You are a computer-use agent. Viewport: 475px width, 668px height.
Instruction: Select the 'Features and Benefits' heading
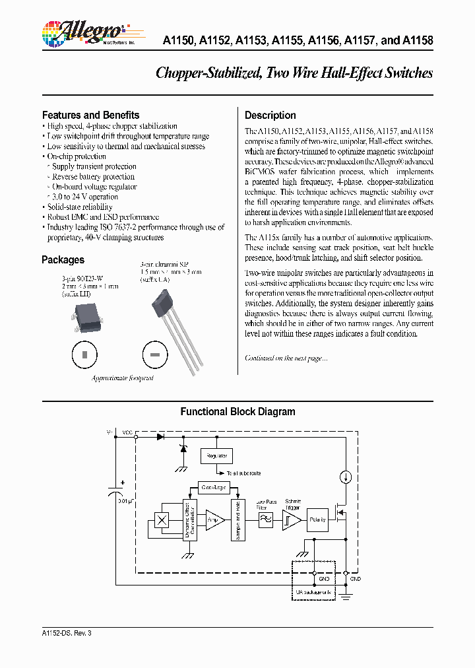point(90,115)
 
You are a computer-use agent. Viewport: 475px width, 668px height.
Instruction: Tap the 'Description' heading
point(270,115)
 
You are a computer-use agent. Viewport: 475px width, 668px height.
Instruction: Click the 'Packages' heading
point(63,260)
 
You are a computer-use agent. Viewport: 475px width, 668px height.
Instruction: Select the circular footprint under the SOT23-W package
point(84,355)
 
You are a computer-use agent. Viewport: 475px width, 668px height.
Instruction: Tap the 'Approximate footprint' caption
point(122,378)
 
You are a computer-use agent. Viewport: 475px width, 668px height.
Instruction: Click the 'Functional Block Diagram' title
point(237,412)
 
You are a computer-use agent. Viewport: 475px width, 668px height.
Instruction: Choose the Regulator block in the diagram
point(217,456)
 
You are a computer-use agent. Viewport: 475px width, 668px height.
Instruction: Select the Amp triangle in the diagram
point(214,519)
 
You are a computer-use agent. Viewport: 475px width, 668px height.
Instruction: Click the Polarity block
point(319,519)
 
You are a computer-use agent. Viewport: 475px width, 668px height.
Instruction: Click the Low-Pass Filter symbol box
point(265,520)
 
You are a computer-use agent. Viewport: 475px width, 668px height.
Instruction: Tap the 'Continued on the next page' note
point(286,358)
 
